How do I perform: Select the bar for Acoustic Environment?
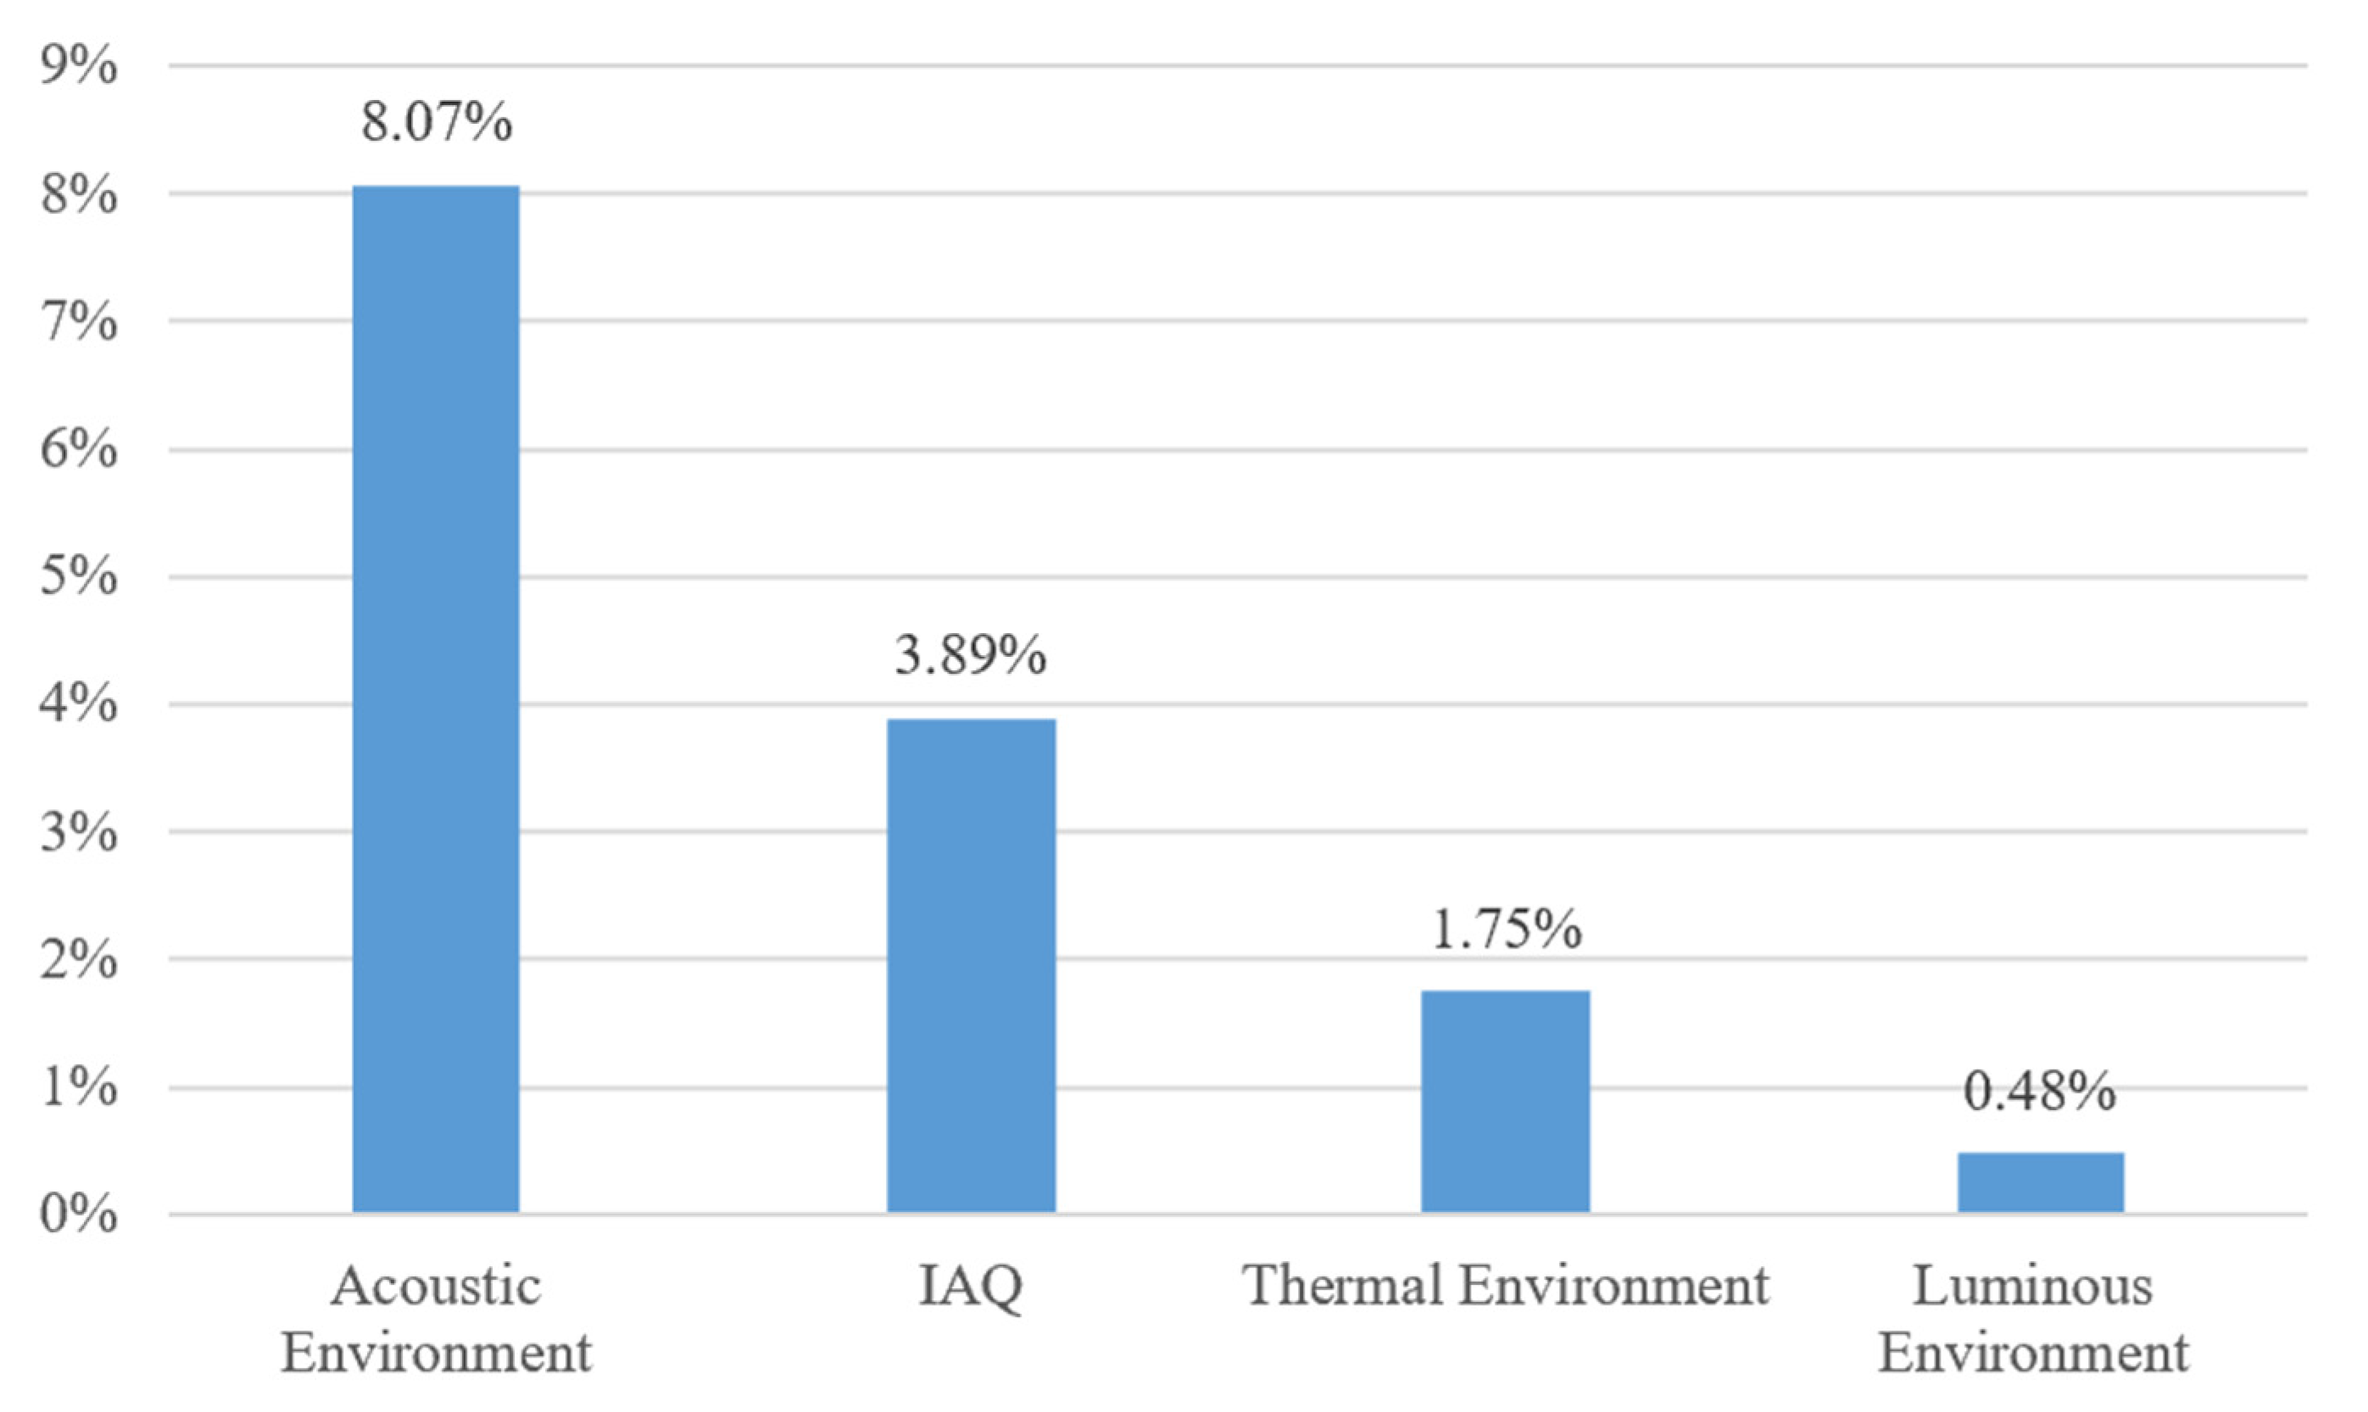436,698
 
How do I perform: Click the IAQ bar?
971,964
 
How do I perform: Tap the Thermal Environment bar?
1505,1101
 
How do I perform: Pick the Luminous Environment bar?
2040,1181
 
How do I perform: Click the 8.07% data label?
436,123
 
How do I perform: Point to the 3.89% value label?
970,657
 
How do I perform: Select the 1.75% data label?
1506,930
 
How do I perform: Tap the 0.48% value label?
2040,1092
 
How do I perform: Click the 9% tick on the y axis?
78,68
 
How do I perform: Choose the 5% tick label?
78,577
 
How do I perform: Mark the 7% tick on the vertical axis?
78,323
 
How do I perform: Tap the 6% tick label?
78,450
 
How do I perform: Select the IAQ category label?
970,1287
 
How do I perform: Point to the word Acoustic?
436,1287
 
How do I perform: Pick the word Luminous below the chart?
2032,1287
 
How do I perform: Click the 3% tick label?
78,833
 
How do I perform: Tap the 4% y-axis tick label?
78,705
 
